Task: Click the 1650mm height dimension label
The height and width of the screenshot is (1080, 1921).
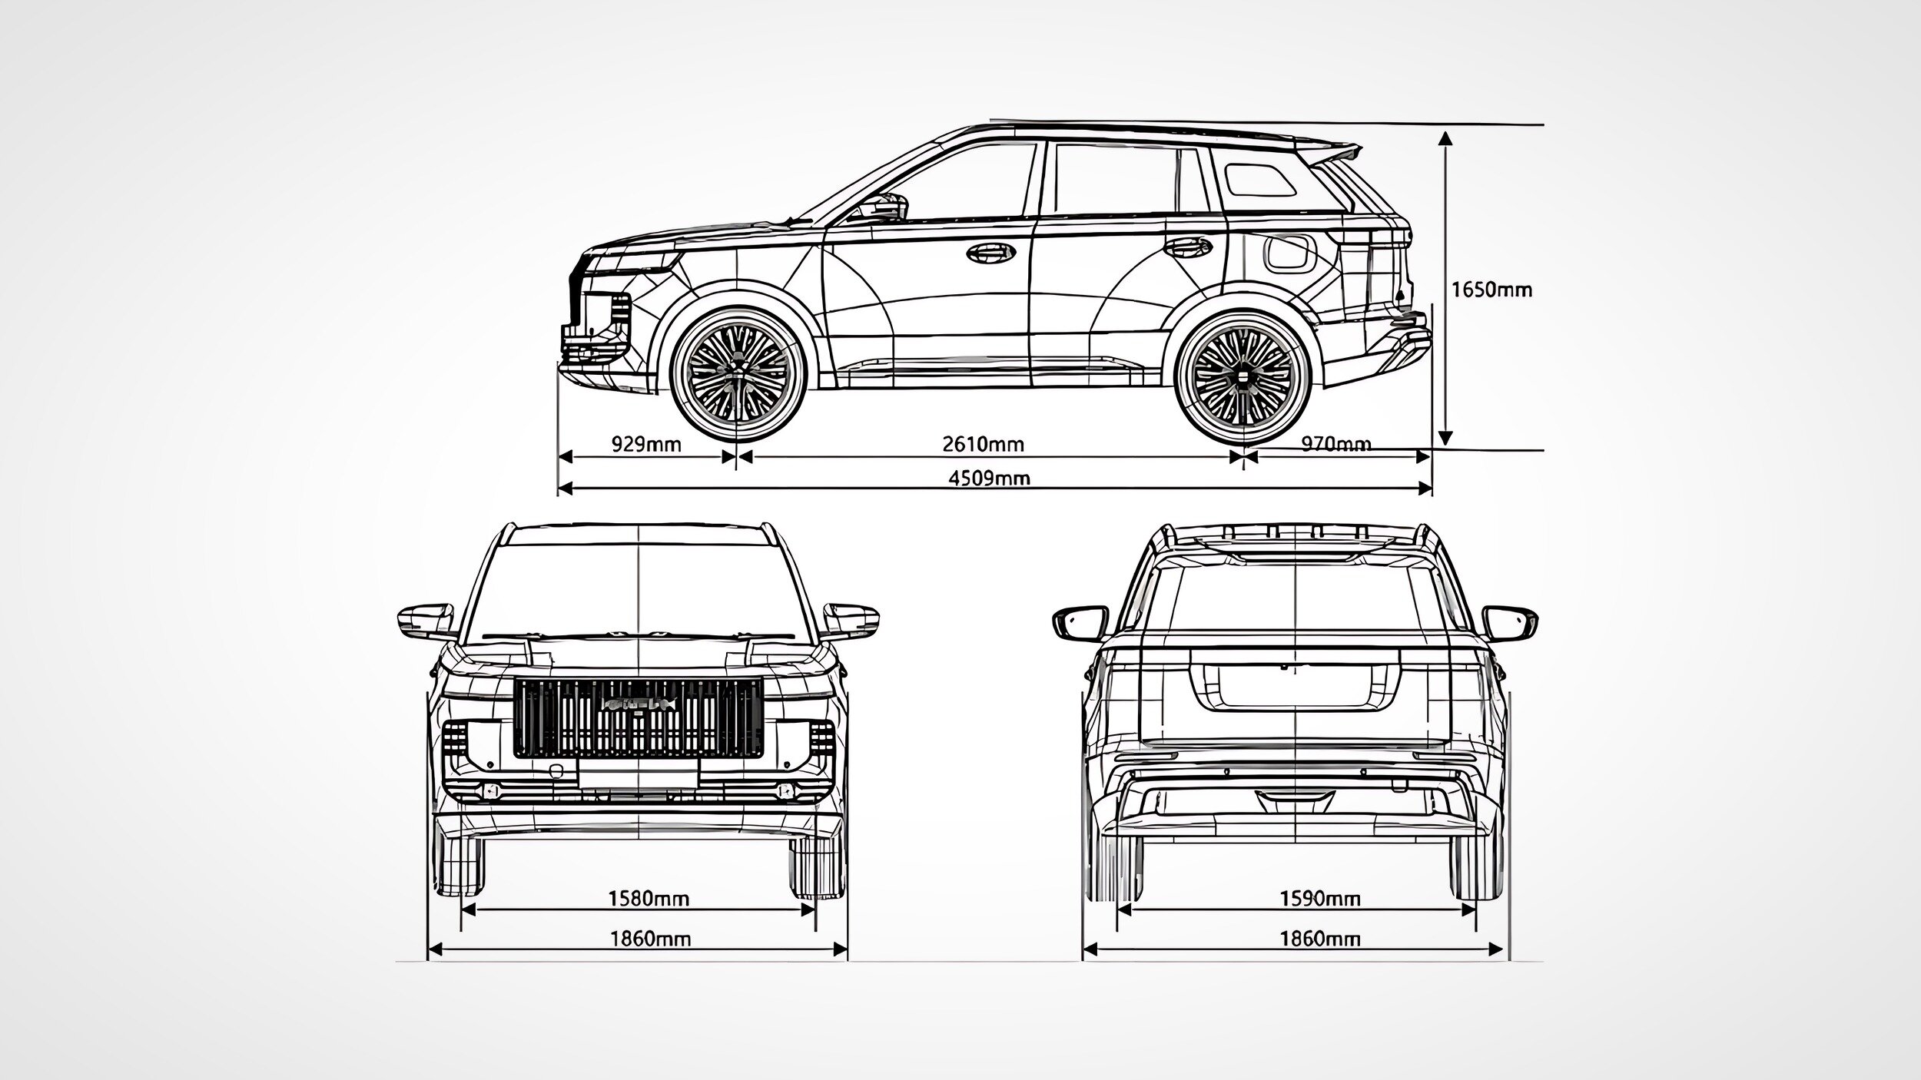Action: [x=1491, y=290]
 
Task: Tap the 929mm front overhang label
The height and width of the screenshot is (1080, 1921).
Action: [x=646, y=444]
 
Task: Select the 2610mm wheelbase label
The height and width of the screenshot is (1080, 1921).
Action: [x=983, y=444]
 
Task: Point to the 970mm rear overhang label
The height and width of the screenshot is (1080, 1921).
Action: [x=1336, y=444]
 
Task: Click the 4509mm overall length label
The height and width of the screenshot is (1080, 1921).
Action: [x=989, y=478]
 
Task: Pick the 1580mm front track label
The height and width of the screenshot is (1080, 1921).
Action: [x=649, y=898]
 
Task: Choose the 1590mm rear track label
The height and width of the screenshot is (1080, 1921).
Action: [x=1319, y=898]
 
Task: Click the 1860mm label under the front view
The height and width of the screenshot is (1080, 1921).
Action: [x=650, y=938]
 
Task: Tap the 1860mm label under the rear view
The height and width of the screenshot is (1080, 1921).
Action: [x=1319, y=938]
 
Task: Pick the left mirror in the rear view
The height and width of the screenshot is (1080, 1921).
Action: [x=1080, y=622]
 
